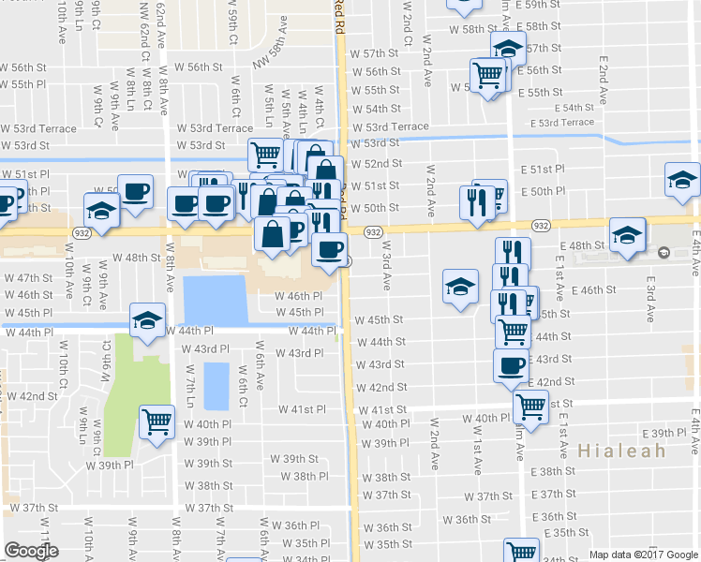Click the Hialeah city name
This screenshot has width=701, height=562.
pyautogui.click(x=621, y=451)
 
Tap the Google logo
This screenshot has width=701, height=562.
pyautogui.click(x=31, y=551)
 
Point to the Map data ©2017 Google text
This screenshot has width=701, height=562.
pyautogui.click(x=644, y=555)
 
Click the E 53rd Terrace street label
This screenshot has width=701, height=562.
pyautogui.click(x=561, y=123)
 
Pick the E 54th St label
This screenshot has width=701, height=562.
pyautogui.click(x=586, y=108)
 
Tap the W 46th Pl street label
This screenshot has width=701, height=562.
pyautogui.click(x=299, y=296)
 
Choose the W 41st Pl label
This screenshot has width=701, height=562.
pyautogui.click(x=302, y=409)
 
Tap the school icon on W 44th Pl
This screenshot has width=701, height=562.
pyautogui.click(x=147, y=320)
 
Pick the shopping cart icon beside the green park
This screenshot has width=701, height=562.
pyautogui.click(x=157, y=421)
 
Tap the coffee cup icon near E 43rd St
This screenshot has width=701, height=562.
pyautogui.click(x=511, y=365)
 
